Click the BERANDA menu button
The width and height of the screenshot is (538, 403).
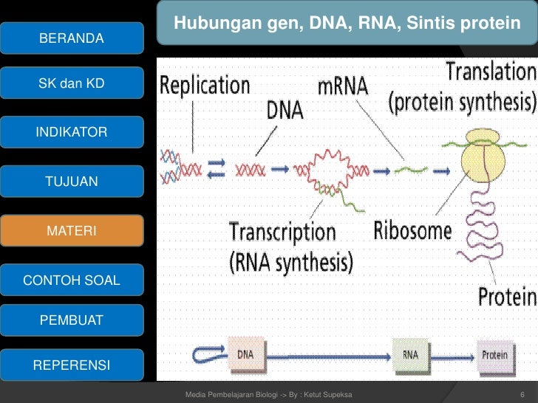pyautogui.click(x=72, y=38)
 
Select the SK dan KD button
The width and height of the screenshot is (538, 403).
pyautogui.click(x=72, y=83)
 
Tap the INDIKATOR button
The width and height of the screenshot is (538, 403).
pyautogui.click(x=72, y=132)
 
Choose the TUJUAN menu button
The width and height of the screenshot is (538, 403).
pyautogui.click(x=72, y=182)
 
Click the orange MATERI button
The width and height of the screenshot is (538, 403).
pyautogui.click(x=72, y=230)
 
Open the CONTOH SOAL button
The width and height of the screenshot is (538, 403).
pyautogui.click(x=72, y=280)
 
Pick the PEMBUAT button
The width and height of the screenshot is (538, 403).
pyautogui.click(x=72, y=320)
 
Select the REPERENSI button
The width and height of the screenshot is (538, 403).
pyautogui.click(x=72, y=365)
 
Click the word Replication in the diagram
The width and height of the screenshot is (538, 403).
pyautogui.click(x=205, y=86)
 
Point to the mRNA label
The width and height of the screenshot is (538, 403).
pyautogui.click(x=343, y=86)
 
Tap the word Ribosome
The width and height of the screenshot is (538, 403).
pyautogui.click(x=412, y=230)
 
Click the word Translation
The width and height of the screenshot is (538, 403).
pyautogui.click(x=491, y=72)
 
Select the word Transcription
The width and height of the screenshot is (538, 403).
pyautogui.click(x=282, y=233)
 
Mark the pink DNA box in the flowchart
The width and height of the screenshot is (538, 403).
pyautogui.click(x=246, y=355)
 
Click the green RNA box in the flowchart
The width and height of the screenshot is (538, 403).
pyautogui.click(x=411, y=355)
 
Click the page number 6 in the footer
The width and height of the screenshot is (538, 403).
pyautogui.click(x=522, y=395)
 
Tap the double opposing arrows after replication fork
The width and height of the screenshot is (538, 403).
pyautogui.click(x=217, y=168)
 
